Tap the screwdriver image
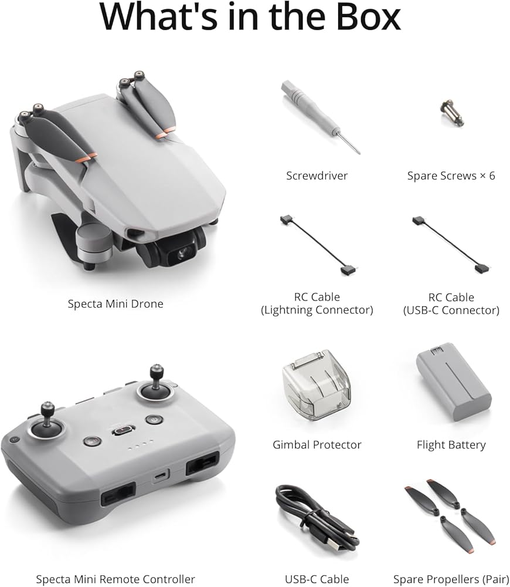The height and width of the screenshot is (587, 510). (x=321, y=116)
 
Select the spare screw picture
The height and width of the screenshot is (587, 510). (x=451, y=113)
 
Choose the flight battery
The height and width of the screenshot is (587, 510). (x=453, y=385)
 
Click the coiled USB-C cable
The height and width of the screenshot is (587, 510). (x=317, y=518)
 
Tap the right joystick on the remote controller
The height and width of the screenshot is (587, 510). (x=157, y=384)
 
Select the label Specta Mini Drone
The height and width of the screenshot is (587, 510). (x=115, y=303)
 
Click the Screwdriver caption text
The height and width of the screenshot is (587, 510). (x=317, y=176)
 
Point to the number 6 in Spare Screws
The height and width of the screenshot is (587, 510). (x=492, y=176)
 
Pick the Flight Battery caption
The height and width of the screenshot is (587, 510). (x=451, y=445)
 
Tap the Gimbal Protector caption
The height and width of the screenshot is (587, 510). (x=317, y=445)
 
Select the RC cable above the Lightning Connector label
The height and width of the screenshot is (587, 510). (x=319, y=245)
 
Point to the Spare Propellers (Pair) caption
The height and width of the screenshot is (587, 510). (x=451, y=579)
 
